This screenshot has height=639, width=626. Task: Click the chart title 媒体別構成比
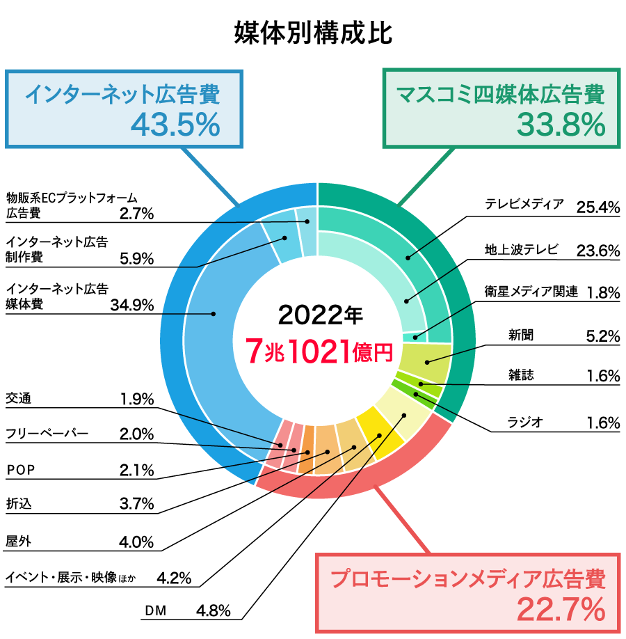pyautogui.click(x=313, y=33)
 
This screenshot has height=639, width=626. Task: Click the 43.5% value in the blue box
pyautogui.click(x=175, y=125)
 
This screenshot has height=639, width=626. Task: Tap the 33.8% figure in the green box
pyautogui.click(x=561, y=125)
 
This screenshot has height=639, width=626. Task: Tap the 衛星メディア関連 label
pyautogui.click(x=531, y=292)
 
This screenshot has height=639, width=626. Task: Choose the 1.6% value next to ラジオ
pyautogui.click(x=602, y=423)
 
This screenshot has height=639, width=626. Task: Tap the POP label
pyautogui.click(x=20, y=470)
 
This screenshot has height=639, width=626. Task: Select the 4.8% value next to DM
pyautogui.click(x=213, y=611)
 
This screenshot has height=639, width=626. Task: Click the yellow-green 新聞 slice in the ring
pyautogui.click(x=424, y=361)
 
